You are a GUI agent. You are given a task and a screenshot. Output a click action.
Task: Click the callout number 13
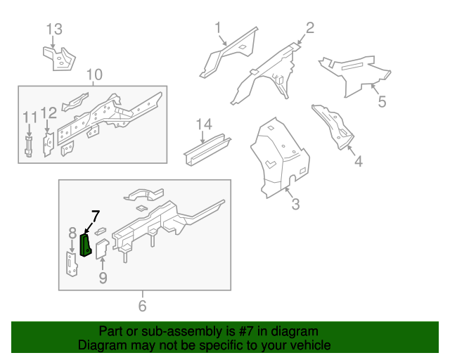point(54,30)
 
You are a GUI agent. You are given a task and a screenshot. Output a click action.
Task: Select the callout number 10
point(94,75)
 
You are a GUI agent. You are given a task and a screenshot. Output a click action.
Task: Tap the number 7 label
point(96,216)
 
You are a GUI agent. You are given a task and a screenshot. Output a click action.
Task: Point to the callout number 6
point(143,305)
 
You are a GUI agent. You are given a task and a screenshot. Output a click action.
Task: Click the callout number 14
point(203,124)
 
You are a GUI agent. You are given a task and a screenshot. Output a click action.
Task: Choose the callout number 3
point(295,205)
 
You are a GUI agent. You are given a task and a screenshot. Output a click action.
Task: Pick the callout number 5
point(382,102)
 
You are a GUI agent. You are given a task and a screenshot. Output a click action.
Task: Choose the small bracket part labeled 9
point(101,250)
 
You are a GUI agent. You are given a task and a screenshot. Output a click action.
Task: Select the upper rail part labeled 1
point(226,53)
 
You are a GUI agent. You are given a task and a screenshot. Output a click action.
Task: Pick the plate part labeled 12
point(48,145)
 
